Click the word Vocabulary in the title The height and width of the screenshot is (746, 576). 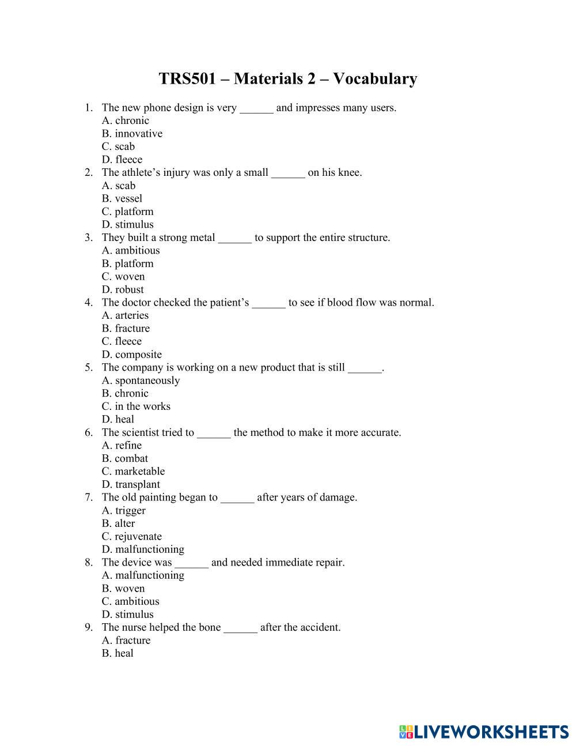pyautogui.click(x=375, y=78)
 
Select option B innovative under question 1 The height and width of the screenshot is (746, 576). pyautogui.click(x=132, y=134)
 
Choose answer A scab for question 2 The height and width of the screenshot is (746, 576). pyautogui.click(x=119, y=186)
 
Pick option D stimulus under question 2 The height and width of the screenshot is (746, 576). pyautogui.click(x=128, y=225)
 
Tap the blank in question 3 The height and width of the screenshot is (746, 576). pyautogui.click(x=235, y=238)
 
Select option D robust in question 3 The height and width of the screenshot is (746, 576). pyautogui.click(x=123, y=289)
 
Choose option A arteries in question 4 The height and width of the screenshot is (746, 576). pyautogui.click(x=125, y=315)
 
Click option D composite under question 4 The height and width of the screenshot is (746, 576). pyautogui.click(x=132, y=355)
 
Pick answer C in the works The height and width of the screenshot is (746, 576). pyautogui.click(x=136, y=406)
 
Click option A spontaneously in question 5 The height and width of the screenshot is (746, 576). pyautogui.click(x=141, y=380)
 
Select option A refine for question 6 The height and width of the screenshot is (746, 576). pyautogui.click(x=122, y=446)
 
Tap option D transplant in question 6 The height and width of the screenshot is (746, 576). pyautogui.click(x=131, y=484)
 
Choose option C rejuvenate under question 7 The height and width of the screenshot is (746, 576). pyautogui.click(x=132, y=536)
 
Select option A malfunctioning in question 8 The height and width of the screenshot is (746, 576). pyautogui.click(x=143, y=575)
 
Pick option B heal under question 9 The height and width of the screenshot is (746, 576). pyautogui.click(x=118, y=653)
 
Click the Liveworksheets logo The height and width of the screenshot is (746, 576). pyautogui.click(x=483, y=732)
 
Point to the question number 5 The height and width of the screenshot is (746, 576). pyautogui.click(x=88, y=368)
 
